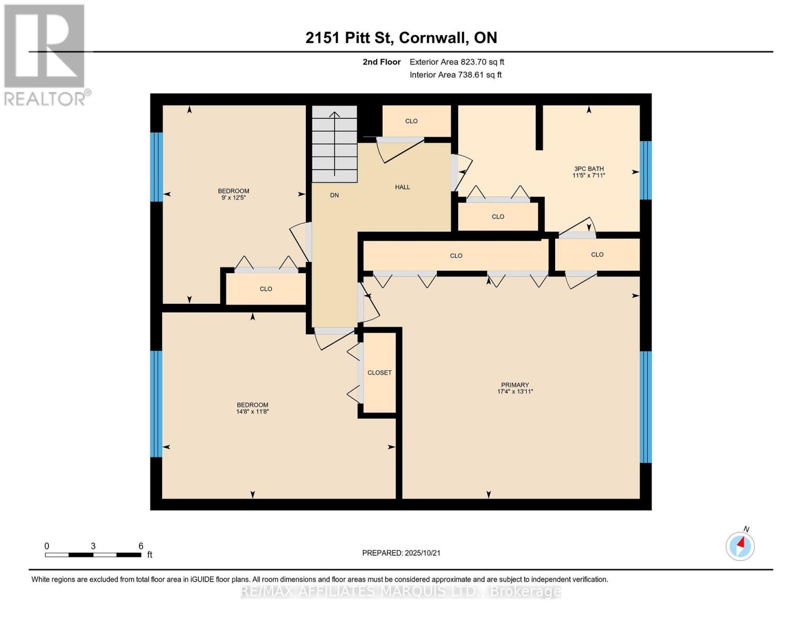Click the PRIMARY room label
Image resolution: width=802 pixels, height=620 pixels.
[514, 384]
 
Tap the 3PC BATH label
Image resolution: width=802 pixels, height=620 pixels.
[588, 168]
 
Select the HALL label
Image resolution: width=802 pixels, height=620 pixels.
[402, 187]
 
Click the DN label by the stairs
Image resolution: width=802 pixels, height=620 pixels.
[334, 195]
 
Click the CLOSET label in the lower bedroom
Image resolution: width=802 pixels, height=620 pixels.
[379, 373]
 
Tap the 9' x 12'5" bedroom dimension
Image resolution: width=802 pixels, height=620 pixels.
[233, 197]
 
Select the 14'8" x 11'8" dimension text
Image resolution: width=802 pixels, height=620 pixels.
[253, 412]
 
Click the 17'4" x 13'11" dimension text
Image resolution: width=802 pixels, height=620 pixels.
[514, 392]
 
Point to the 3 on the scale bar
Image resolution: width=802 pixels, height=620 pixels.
[93, 546]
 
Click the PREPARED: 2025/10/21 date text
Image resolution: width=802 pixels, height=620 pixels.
[401, 553]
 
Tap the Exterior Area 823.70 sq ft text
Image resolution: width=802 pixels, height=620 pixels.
[457, 62]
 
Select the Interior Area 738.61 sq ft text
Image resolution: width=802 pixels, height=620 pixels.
[455, 75]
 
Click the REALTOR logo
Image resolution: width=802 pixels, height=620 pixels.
[45, 54]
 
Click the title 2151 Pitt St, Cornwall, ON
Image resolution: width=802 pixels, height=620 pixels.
[401, 38]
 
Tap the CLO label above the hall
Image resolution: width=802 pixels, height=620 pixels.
[411, 121]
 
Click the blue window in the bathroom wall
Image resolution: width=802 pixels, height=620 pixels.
[645, 170]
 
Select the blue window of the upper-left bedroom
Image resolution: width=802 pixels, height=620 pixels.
[156, 166]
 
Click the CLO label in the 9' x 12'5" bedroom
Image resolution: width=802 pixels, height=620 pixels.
[265, 289]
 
